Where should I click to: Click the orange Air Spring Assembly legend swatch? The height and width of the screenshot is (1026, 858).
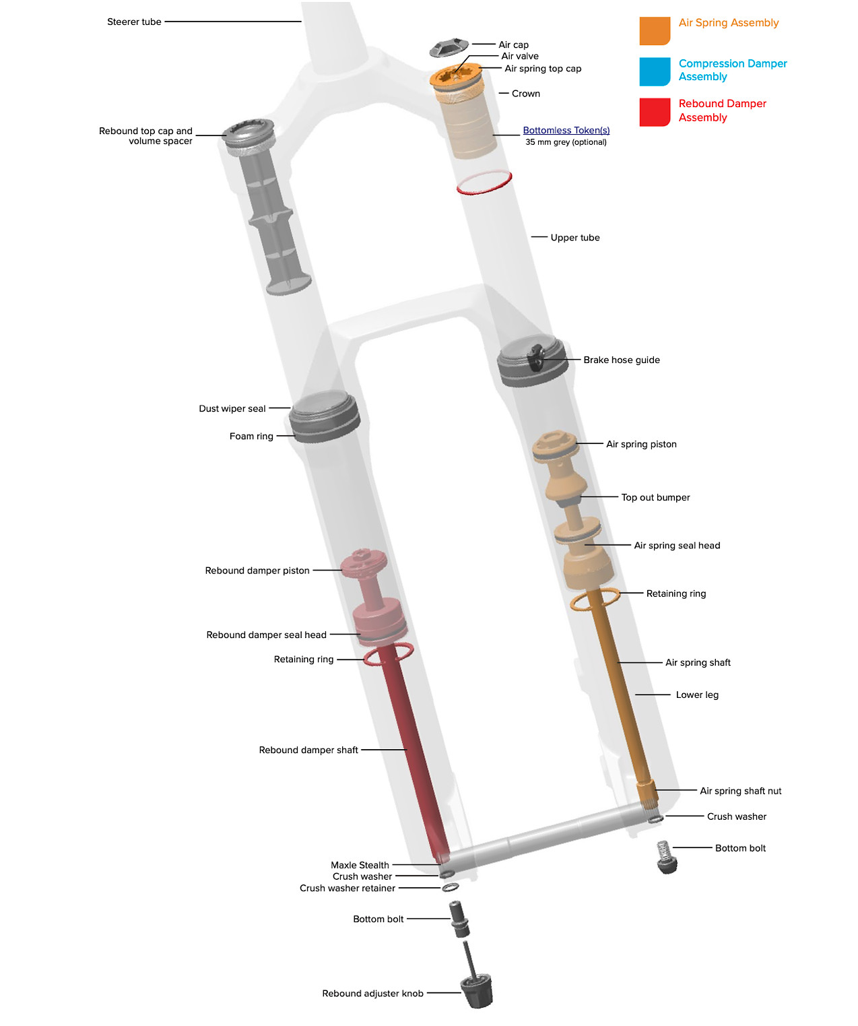(654, 30)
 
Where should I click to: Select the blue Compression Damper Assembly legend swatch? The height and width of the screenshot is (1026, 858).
(654, 71)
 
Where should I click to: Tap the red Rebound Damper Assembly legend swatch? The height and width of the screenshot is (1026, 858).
(654, 112)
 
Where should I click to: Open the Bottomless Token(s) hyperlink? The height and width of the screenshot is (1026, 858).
(566, 130)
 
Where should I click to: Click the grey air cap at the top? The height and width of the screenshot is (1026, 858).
(449, 49)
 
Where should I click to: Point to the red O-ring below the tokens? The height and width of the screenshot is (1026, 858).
(484, 183)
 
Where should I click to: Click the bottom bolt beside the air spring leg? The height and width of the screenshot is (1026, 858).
(666, 857)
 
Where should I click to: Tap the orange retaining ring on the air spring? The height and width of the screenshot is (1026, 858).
(595, 599)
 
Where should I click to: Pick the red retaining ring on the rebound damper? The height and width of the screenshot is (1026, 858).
(388, 654)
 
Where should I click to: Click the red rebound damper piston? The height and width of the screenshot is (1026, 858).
(364, 563)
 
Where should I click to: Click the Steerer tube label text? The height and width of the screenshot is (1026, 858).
(134, 22)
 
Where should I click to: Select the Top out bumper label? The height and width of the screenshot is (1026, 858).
(655, 497)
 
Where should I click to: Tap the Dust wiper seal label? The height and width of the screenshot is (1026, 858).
(232, 408)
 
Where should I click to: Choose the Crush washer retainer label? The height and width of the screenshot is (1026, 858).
(347, 888)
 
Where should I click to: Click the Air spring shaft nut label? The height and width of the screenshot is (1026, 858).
(740, 791)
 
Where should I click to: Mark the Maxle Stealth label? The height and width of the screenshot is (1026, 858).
(360, 865)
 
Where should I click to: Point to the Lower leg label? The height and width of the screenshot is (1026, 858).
(697, 695)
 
